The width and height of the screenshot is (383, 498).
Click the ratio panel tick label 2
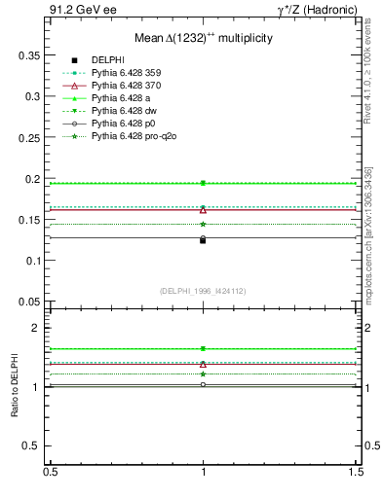click(x=36, y=329)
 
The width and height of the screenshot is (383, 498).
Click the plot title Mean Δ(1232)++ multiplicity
click(x=203, y=36)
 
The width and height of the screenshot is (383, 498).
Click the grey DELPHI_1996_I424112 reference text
click(x=203, y=290)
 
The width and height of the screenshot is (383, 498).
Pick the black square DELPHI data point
click(x=203, y=240)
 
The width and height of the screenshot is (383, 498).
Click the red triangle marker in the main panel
click(x=203, y=210)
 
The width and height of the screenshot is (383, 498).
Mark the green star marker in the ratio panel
click(x=203, y=373)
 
